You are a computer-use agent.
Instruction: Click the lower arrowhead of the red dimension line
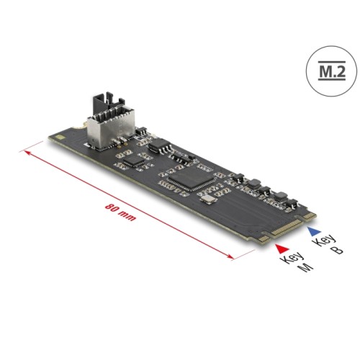pos(233,255)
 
